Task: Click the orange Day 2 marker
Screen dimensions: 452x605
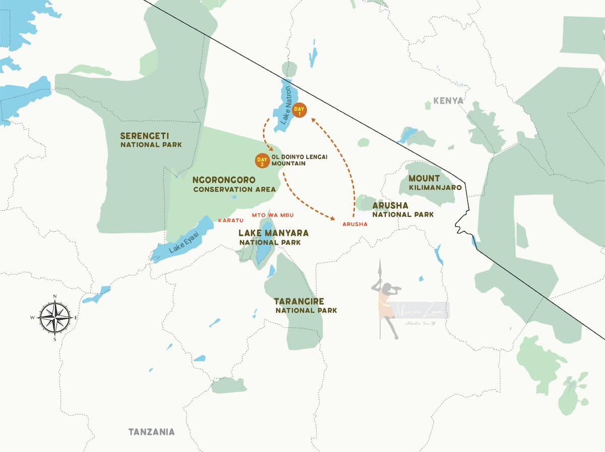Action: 263,161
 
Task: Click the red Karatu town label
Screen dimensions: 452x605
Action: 231,221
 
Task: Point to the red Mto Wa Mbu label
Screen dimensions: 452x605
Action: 273,215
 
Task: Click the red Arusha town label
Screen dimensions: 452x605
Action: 354,224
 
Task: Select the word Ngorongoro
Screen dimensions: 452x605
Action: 224,180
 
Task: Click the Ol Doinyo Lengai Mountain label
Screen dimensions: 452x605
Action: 299,160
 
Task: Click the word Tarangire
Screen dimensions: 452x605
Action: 300,301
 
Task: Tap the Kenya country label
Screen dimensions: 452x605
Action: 448,101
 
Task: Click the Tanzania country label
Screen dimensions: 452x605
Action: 151,432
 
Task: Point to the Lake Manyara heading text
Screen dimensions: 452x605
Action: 273,233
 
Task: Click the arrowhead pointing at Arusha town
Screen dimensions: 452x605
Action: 333,219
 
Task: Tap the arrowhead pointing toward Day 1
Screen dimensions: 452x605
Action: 313,120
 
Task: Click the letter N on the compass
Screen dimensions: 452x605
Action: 55,296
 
